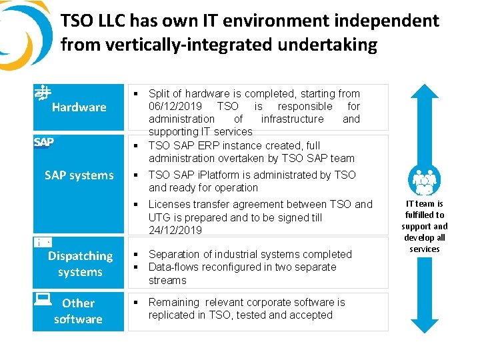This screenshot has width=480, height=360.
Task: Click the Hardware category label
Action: (x=79, y=107)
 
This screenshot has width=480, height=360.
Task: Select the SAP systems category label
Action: (x=79, y=175)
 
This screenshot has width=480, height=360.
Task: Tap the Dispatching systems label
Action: (x=80, y=264)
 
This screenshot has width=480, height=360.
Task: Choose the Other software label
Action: (x=78, y=311)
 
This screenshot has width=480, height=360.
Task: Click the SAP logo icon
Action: (x=44, y=142)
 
